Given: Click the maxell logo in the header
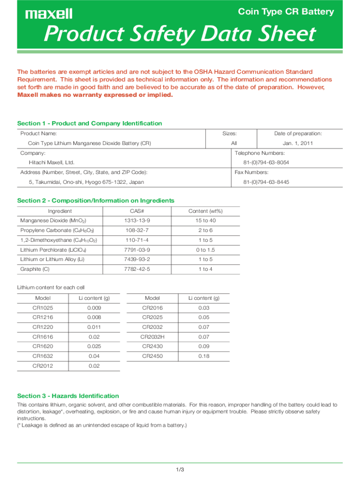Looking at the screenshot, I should (49, 14).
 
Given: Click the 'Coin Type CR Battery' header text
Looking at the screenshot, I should (286, 12).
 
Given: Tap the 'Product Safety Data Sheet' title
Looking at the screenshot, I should (179, 35).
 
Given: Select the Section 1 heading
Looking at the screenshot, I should (89, 123).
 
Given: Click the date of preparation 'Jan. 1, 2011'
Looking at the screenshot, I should (297, 144).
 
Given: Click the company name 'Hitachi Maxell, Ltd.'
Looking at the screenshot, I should (51, 163).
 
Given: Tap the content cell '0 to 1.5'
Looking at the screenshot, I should (205, 250).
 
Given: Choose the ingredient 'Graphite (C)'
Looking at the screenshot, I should (35, 269).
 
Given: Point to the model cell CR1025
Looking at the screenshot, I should (43, 308).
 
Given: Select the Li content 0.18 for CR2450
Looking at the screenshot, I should (204, 356).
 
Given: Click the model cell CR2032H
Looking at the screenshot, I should (152, 337).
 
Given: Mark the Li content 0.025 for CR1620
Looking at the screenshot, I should (94, 346).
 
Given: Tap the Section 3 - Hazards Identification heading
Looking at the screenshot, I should (68, 396).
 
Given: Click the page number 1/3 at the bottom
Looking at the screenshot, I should (180, 469).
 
